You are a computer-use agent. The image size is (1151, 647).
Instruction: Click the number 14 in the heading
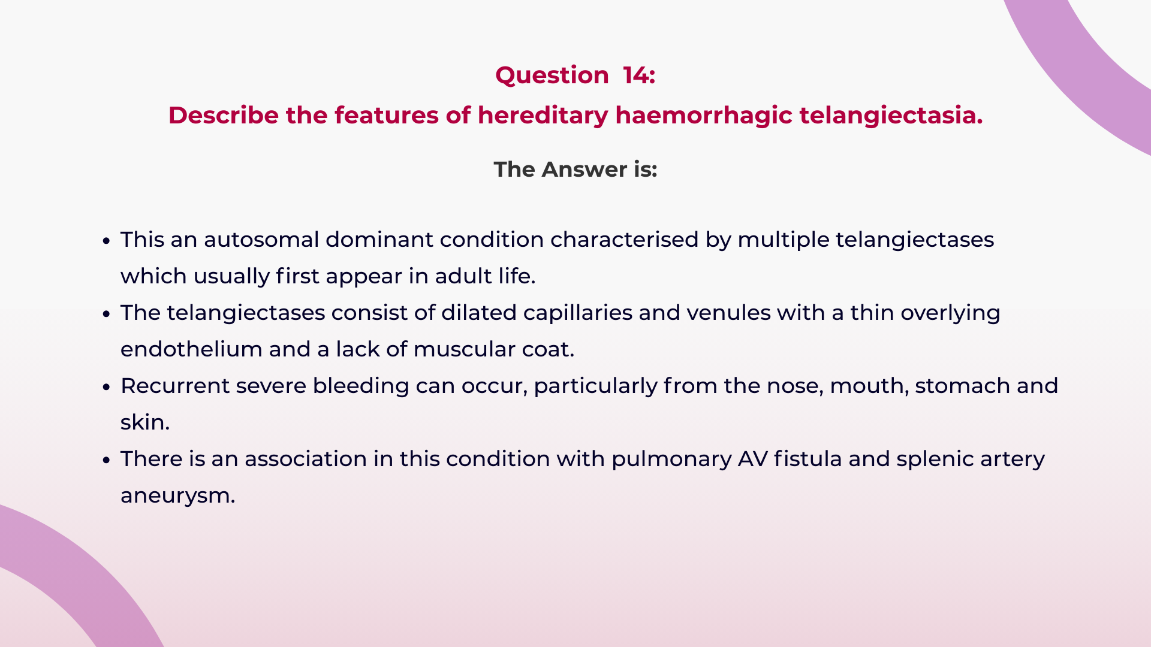[636, 75]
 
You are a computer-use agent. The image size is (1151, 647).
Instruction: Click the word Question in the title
[552, 75]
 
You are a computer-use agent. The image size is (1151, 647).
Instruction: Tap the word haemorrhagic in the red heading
[703, 116]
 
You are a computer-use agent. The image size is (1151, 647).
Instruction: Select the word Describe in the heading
[223, 116]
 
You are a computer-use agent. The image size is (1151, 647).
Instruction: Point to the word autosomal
[261, 240]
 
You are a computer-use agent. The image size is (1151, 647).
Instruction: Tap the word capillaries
[577, 313]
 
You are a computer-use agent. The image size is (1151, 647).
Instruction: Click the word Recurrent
[174, 386]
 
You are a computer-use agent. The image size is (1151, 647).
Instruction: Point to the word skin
[144, 422]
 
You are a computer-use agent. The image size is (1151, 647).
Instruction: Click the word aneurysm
[177, 496]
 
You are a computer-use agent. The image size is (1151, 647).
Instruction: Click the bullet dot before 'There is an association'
[107, 460]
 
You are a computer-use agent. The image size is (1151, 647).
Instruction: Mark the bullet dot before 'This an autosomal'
[107, 241]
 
